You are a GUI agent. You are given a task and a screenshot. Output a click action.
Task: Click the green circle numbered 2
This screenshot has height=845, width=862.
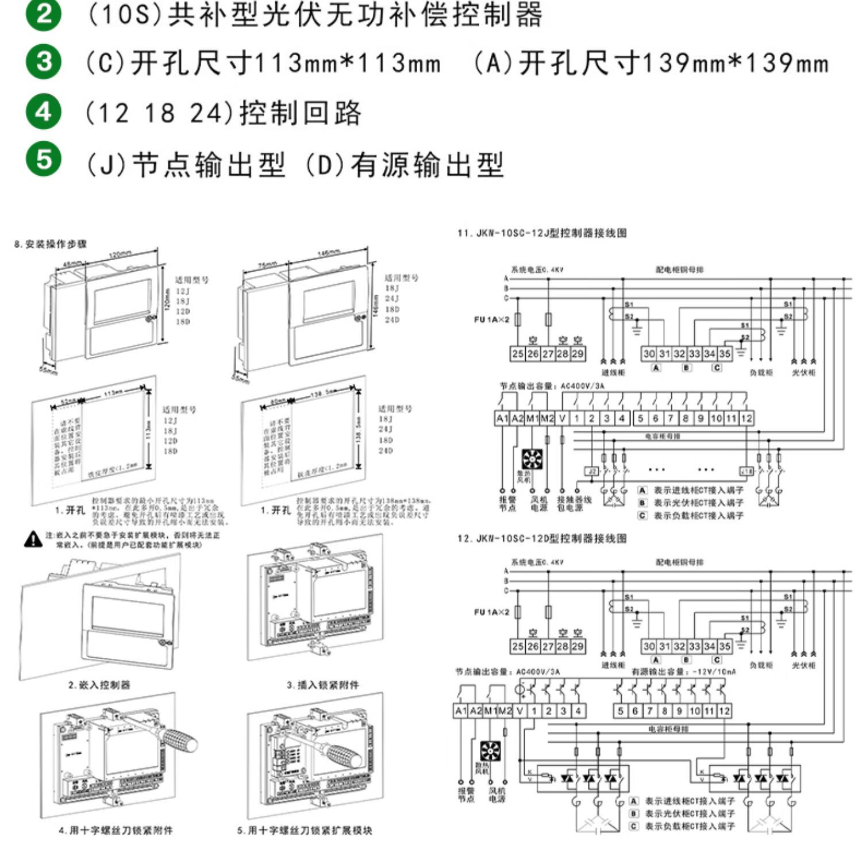click(44, 14)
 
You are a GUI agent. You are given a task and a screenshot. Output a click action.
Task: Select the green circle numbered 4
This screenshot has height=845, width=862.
click(44, 111)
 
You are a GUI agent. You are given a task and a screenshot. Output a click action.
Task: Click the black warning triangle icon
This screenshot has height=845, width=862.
click(33, 539)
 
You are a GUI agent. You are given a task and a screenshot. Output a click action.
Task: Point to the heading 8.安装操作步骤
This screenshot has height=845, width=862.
click(51, 244)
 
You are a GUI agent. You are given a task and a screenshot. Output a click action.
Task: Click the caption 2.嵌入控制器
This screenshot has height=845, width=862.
click(99, 685)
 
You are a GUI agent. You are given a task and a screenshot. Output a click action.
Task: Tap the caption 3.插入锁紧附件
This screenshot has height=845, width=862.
click(322, 685)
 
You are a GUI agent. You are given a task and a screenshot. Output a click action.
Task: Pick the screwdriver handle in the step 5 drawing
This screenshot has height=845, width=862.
click(344, 754)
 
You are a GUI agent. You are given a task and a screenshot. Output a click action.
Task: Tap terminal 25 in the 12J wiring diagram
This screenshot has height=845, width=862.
click(517, 354)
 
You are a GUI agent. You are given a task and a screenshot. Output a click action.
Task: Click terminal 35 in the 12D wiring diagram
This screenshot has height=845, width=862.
click(725, 646)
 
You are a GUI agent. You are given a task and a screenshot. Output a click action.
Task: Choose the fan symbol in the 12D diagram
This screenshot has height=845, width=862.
click(490, 751)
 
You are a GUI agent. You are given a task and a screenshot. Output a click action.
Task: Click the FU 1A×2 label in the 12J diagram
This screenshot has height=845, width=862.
click(491, 319)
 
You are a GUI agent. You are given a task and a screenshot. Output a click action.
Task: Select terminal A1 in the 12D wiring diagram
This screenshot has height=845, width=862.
click(461, 711)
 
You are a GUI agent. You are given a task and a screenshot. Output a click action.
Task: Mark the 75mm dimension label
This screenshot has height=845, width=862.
click(267, 265)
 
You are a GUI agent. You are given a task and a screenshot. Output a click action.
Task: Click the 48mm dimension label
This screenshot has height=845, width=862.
click(72, 264)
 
